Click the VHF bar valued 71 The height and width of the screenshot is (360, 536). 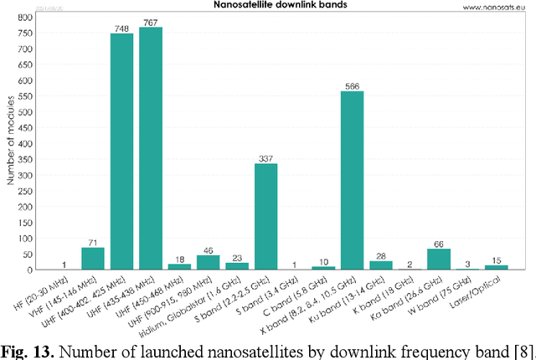(93, 259)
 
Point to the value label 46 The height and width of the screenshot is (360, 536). (209, 249)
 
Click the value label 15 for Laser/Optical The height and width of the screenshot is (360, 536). (496, 260)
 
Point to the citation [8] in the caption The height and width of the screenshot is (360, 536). (518, 347)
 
